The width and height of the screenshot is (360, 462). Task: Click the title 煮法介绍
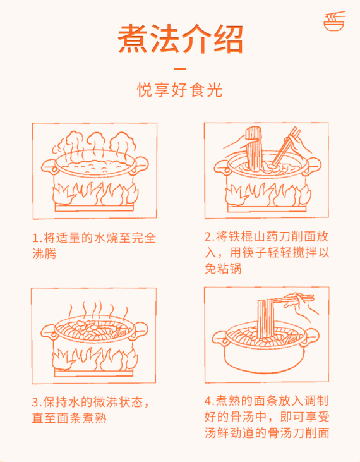[x=180, y=39]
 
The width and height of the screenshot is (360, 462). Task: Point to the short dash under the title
[x=180, y=68]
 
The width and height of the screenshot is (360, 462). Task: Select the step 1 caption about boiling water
[x=94, y=246]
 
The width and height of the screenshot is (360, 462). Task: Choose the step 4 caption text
[x=267, y=417]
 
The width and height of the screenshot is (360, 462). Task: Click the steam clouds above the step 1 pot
[x=94, y=143]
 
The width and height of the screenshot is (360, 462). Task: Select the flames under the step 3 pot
[x=94, y=360]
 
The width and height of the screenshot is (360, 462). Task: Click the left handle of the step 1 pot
[x=48, y=167]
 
